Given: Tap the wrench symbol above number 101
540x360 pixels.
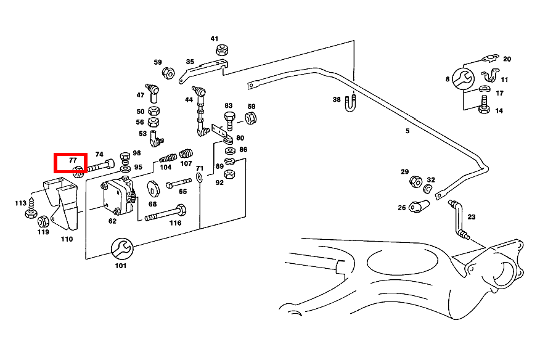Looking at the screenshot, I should pyautogui.click(x=120, y=248).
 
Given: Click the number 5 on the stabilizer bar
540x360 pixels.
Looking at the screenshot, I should pyautogui.click(x=407, y=131).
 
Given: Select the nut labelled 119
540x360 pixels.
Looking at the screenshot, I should pyautogui.click(x=43, y=221).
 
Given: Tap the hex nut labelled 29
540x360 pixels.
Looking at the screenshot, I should pyautogui.click(x=415, y=181).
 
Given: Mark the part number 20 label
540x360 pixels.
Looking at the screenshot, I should pyautogui.click(x=507, y=59).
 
